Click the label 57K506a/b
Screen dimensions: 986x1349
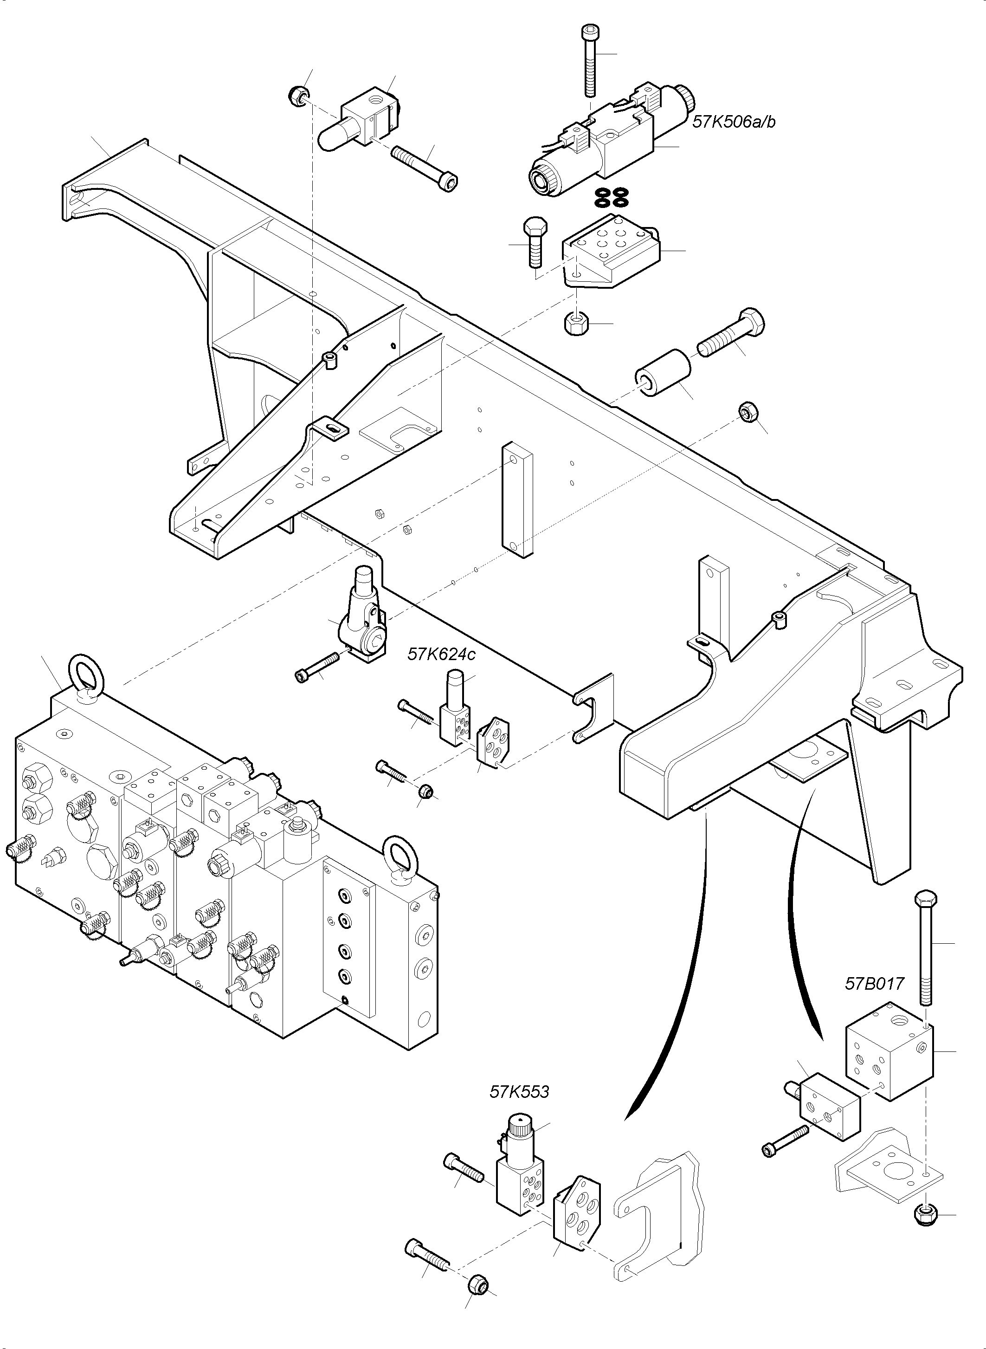click(x=734, y=123)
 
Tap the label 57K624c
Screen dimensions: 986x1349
click(x=442, y=655)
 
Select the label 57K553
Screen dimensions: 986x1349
click(x=519, y=1092)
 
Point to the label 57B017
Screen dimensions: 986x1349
click(x=874, y=984)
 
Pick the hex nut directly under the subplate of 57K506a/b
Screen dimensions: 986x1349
click(x=575, y=324)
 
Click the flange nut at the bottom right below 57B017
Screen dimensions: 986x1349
click(x=926, y=1213)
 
